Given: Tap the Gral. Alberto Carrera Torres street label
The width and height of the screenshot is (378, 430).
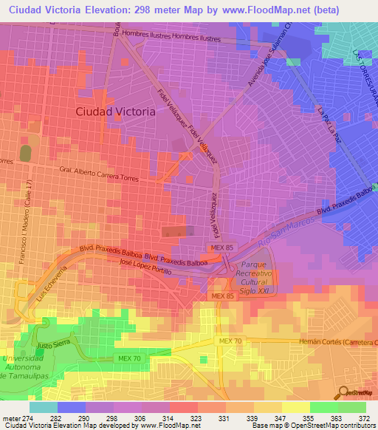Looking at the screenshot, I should (109, 171).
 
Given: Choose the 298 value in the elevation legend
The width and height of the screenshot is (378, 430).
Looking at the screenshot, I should (112, 418).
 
